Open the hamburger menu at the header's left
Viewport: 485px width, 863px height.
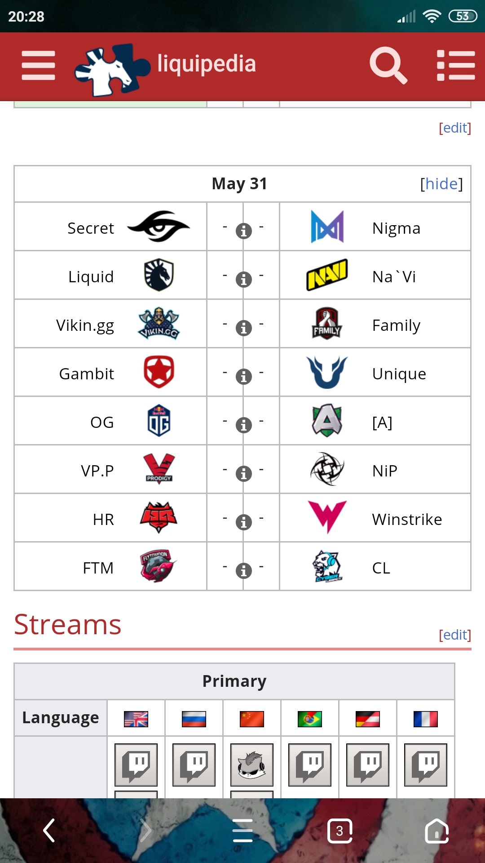click(x=38, y=65)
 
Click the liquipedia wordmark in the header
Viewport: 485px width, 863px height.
click(x=207, y=63)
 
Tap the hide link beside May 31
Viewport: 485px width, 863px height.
click(x=441, y=184)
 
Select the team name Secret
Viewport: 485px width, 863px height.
click(x=91, y=228)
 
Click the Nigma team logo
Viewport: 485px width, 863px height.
click(x=327, y=227)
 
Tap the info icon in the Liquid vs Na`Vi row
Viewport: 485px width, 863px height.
click(x=243, y=280)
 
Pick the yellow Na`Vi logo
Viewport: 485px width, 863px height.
click(x=327, y=275)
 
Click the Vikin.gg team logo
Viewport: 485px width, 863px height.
click(x=159, y=323)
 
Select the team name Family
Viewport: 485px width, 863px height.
click(x=396, y=325)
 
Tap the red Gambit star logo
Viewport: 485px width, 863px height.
click(x=159, y=372)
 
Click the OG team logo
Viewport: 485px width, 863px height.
click(x=159, y=421)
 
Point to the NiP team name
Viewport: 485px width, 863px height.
click(x=385, y=471)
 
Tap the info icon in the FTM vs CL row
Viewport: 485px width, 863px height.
click(x=243, y=571)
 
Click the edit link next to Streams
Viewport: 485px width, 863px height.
click(x=455, y=635)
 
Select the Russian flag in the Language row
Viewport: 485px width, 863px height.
click(x=194, y=719)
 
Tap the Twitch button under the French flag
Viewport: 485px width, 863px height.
click(x=426, y=765)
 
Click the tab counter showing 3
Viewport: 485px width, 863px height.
click(x=340, y=831)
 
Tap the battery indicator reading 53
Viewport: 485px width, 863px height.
click(x=463, y=17)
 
